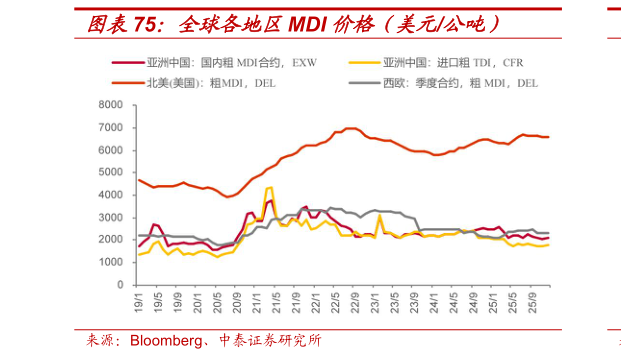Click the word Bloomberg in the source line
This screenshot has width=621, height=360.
[x=162, y=341]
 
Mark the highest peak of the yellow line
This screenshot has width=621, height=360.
[x=269, y=187]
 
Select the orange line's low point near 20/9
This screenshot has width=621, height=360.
[x=229, y=197]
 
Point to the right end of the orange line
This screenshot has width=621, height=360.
[x=549, y=137]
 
